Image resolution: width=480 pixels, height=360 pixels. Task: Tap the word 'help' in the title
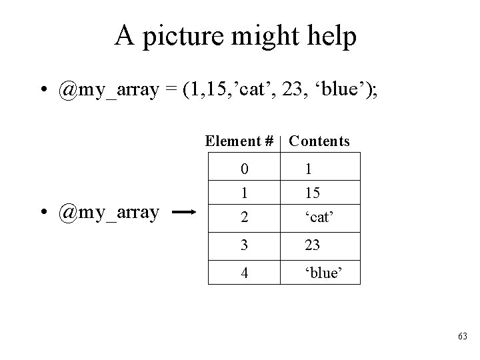pos(331,37)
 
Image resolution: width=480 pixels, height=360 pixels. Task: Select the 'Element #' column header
pos(240,141)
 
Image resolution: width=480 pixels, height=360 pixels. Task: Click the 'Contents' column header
pos(319,141)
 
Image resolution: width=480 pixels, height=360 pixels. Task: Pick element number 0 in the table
pos(245,170)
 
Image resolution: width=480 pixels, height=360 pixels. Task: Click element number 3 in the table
pos(245,245)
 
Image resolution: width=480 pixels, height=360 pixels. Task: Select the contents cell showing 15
pos(312,193)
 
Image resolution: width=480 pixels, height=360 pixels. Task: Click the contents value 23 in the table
pos(313,245)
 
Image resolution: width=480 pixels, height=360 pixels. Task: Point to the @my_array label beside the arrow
pos(108,212)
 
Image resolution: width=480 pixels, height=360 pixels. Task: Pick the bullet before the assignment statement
pos(41,91)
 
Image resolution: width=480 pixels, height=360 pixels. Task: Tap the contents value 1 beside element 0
pos(308,170)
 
